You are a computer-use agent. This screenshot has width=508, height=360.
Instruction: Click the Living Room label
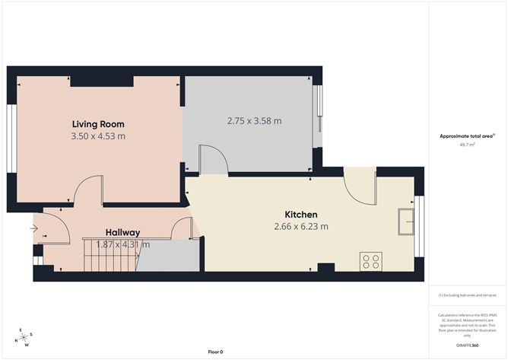coord(98,124)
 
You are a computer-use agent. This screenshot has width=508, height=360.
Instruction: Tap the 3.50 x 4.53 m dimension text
coord(98,136)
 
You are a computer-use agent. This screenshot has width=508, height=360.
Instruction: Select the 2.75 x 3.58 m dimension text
coord(254,120)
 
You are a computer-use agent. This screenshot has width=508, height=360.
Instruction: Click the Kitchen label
coord(301,215)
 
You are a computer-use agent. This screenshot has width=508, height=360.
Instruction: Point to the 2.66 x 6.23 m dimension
coord(301,226)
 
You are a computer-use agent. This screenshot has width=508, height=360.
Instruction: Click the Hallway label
coord(122,233)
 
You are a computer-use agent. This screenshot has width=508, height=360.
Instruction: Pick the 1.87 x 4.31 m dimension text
coord(122,244)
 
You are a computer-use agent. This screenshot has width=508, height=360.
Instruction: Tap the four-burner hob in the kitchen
coord(372,261)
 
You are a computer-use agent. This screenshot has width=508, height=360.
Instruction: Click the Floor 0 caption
coord(215,352)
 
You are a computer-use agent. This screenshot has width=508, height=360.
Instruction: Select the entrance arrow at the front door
coord(34,227)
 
